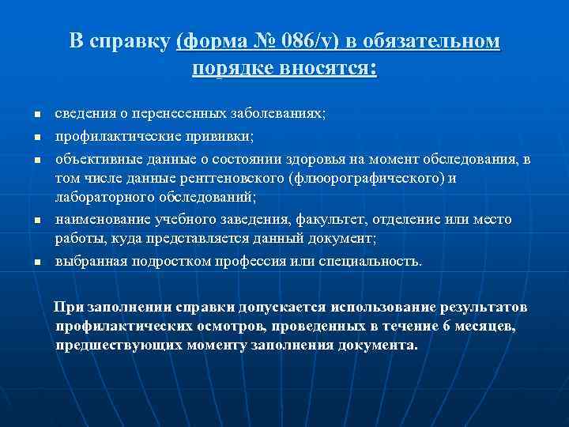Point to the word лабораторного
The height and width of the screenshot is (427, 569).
tap(98, 198)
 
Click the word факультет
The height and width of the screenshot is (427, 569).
tap(334, 219)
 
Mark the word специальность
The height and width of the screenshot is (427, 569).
tap(372, 260)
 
